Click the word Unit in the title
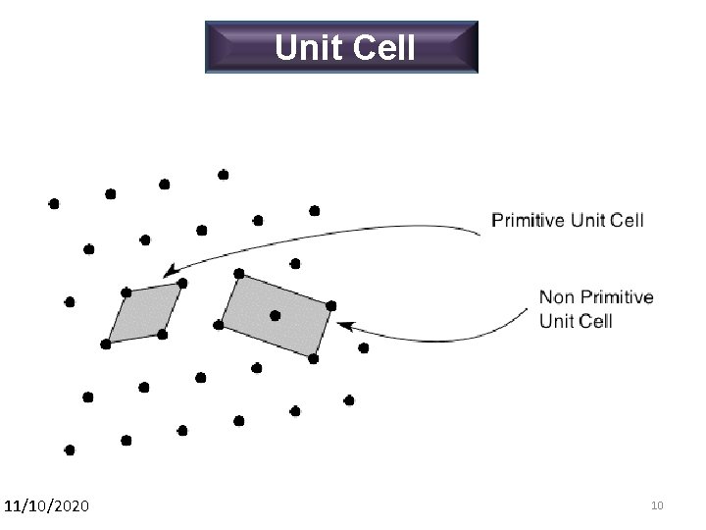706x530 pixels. tap(307, 47)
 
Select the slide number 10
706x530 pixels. tap(657, 505)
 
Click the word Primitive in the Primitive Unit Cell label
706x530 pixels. tap(528, 220)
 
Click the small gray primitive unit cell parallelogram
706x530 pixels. tap(144, 313)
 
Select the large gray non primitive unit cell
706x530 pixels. tap(277, 315)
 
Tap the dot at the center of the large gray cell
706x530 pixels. tap(275, 315)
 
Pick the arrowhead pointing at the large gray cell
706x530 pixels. tap(343, 321)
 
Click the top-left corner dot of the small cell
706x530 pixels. tap(126, 292)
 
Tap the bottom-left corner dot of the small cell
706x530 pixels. tap(106, 344)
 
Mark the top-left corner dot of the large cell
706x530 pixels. tap(238, 273)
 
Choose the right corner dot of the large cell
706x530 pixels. tap(331, 305)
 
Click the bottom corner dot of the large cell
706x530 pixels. tap(313, 358)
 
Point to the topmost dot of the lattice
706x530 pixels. tap(224, 175)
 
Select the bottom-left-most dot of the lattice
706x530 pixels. tap(69, 450)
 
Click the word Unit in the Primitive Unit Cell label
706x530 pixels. tap(587, 220)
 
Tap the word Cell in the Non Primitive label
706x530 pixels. tap(595, 321)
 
